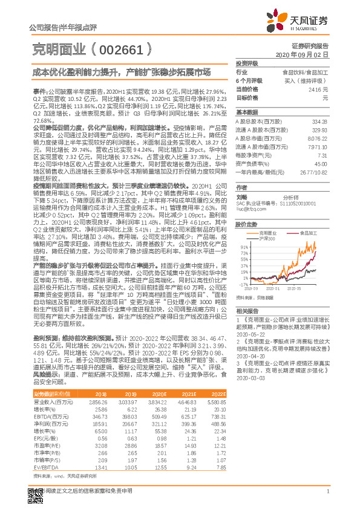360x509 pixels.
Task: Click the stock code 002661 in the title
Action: pos(126,49)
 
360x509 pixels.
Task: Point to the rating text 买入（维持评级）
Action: pos(306,80)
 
